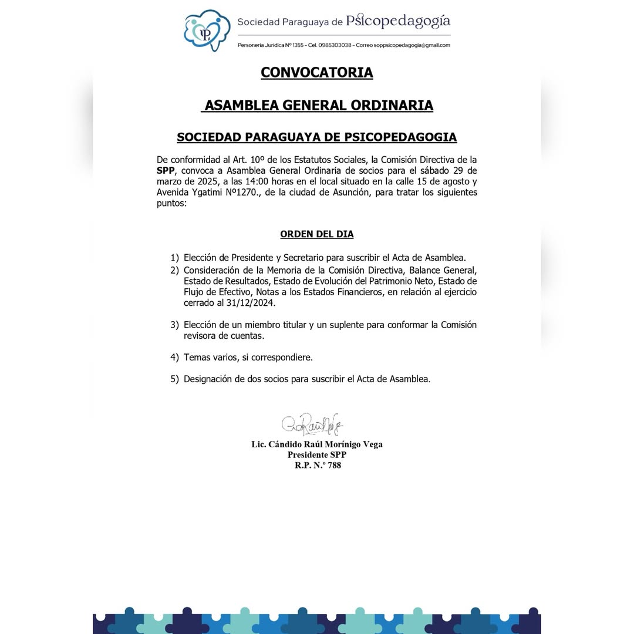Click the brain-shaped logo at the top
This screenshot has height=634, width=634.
(207, 31)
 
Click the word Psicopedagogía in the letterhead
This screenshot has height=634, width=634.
(398, 22)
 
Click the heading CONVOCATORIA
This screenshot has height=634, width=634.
(317, 72)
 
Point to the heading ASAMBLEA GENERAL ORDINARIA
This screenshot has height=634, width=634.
(318, 105)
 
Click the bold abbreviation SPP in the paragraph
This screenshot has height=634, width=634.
(166, 170)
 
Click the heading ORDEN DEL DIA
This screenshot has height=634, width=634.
(317, 234)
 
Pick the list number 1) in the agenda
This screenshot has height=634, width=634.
(174, 258)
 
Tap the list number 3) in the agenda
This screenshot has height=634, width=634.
(174, 325)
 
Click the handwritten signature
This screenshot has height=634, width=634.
(312, 424)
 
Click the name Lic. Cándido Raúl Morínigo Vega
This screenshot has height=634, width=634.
(317, 444)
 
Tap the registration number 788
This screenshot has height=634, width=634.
(335, 465)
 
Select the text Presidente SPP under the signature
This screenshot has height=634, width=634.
(317, 455)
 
